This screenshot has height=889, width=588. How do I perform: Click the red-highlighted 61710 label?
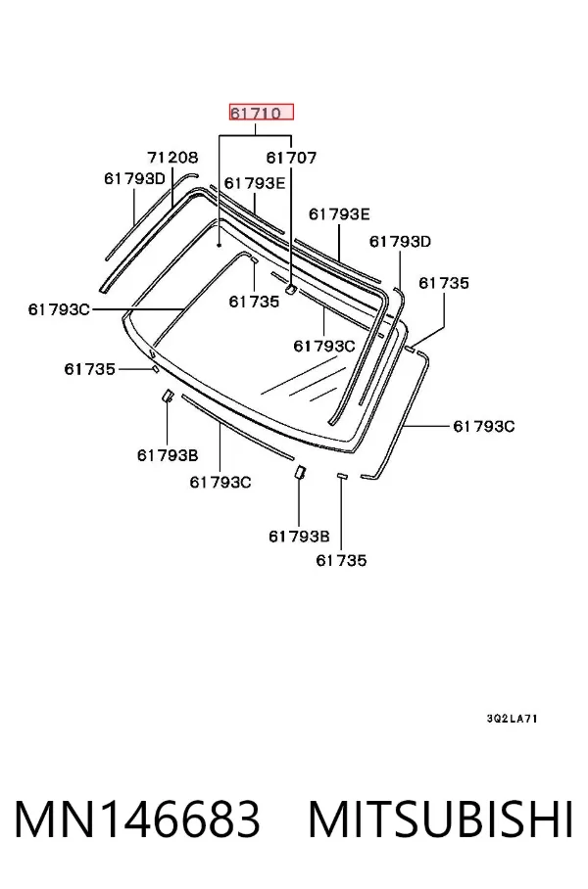coord(261,113)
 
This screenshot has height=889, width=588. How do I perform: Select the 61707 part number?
coord(291,158)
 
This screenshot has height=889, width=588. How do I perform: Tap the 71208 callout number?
coord(172,157)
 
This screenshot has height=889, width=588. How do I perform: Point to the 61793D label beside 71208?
coord(134,178)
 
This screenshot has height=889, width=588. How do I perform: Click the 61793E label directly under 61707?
coord(254,182)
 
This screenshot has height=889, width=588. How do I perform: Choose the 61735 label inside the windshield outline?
coord(254,301)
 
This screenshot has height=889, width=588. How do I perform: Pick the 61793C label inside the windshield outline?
coord(324,346)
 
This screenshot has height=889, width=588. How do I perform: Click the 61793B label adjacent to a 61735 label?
coord(299,536)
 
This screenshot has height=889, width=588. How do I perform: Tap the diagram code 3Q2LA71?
coord(512,719)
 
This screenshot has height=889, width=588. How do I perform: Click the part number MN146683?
coord(137,819)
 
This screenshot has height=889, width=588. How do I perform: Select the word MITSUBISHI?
coord(440,819)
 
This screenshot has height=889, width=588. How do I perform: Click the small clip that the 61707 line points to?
coord(291,290)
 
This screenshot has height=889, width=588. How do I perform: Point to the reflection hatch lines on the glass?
coord(304,383)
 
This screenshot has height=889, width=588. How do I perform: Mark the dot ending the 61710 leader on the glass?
coord(219,246)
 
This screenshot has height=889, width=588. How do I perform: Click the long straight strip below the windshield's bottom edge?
coord(237,427)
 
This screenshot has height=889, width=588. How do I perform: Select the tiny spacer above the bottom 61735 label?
coord(341,475)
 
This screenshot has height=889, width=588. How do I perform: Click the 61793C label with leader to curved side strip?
coord(483,426)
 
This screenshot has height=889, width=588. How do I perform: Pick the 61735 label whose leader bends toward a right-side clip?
coord(444,283)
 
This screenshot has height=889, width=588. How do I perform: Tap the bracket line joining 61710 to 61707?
coord(256,135)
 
